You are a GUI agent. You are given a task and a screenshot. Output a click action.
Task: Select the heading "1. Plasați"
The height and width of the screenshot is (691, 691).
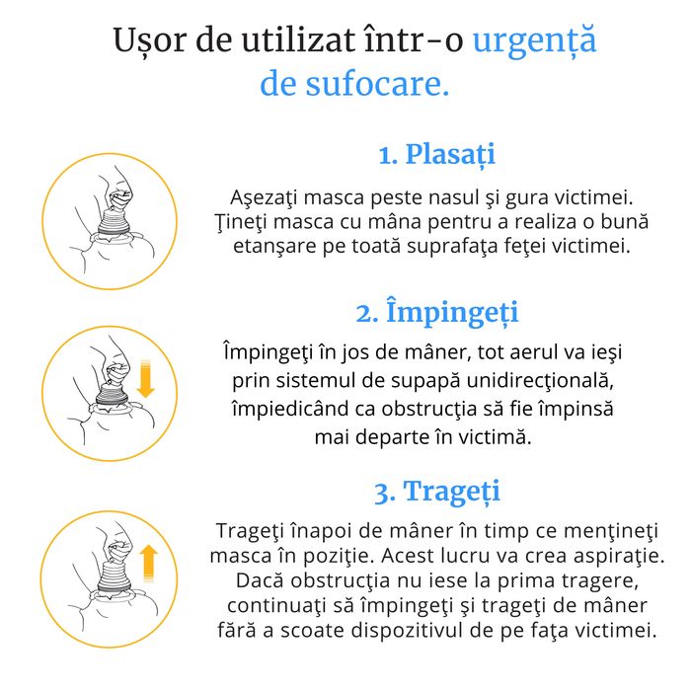point(436,155)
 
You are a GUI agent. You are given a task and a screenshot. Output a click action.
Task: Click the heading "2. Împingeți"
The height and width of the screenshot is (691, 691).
point(436,313)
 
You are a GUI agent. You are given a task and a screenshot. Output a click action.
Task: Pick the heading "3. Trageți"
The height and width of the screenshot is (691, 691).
point(436,491)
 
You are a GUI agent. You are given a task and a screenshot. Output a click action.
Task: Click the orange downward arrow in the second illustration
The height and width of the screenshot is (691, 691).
point(147,380)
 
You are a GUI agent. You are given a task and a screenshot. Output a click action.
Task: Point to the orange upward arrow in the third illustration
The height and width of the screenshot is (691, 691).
point(149,563)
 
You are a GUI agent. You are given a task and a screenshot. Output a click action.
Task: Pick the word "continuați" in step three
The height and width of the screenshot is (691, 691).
point(273,605)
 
